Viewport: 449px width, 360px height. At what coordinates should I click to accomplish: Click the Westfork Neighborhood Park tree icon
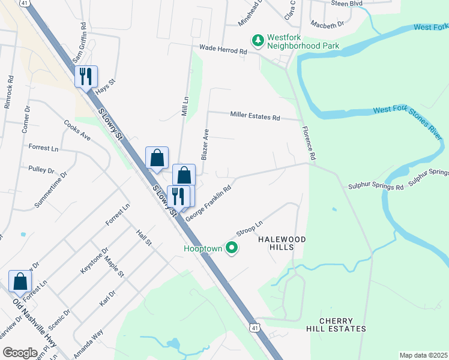258,41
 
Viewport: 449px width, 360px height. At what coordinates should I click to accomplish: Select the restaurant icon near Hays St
86,76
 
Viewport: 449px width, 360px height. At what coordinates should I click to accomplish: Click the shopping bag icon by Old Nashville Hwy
20,281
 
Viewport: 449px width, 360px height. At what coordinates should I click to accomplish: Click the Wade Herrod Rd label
223,51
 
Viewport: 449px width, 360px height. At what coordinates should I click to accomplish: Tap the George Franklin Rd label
208,204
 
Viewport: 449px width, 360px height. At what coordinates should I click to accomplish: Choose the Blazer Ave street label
205,144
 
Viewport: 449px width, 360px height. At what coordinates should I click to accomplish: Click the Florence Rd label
309,142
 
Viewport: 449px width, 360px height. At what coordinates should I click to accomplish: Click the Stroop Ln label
250,230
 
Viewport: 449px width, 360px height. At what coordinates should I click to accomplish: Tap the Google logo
19,353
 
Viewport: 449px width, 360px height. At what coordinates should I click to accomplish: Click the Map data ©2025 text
423,355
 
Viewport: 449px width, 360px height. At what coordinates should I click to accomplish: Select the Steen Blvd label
348,3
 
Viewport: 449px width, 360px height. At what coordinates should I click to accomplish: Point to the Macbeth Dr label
327,25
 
